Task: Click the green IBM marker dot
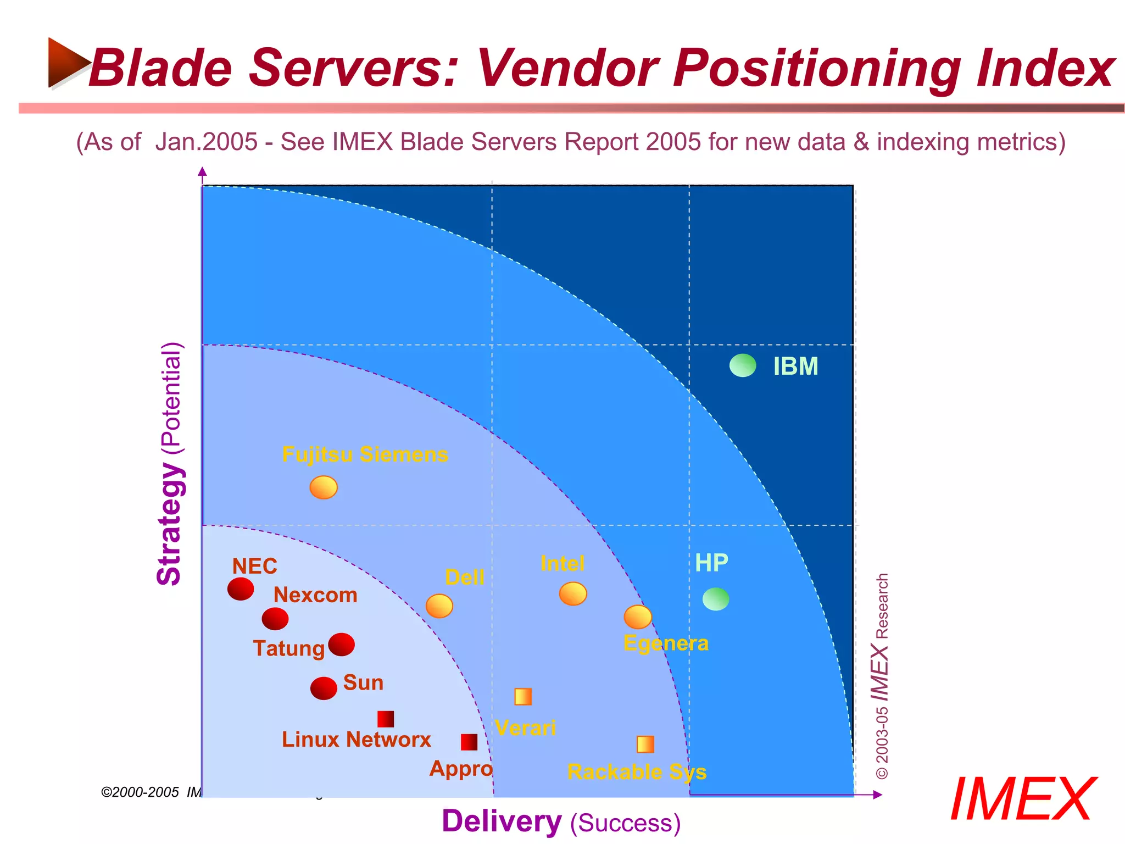pyautogui.click(x=743, y=365)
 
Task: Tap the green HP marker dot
pyautogui.click(x=716, y=599)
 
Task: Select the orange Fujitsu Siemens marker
pyautogui.click(x=324, y=487)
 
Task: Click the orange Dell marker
pyautogui.click(x=439, y=606)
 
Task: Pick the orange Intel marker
pyautogui.click(x=573, y=594)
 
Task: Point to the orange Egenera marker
pyautogui.click(x=638, y=617)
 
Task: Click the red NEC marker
pyautogui.click(x=241, y=588)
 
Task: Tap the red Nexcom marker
pyautogui.click(x=275, y=619)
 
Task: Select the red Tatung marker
pyautogui.click(x=342, y=645)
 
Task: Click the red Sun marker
pyautogui.click(x=324, y=688)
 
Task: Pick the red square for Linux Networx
pyautogui.click(x=386, y=719)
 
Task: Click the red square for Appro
pyautogui.click(x=469, y=742)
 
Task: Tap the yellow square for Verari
pyautogui.click(x=523, y=697)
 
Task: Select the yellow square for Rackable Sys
pyautogui.click(x=645, y=745)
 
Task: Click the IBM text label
pyautogui.click(x=795, y=367)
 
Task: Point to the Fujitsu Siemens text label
pyautogui.click(x=365, y=454)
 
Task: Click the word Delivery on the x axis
pyautogui.click(x=502, y=821)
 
